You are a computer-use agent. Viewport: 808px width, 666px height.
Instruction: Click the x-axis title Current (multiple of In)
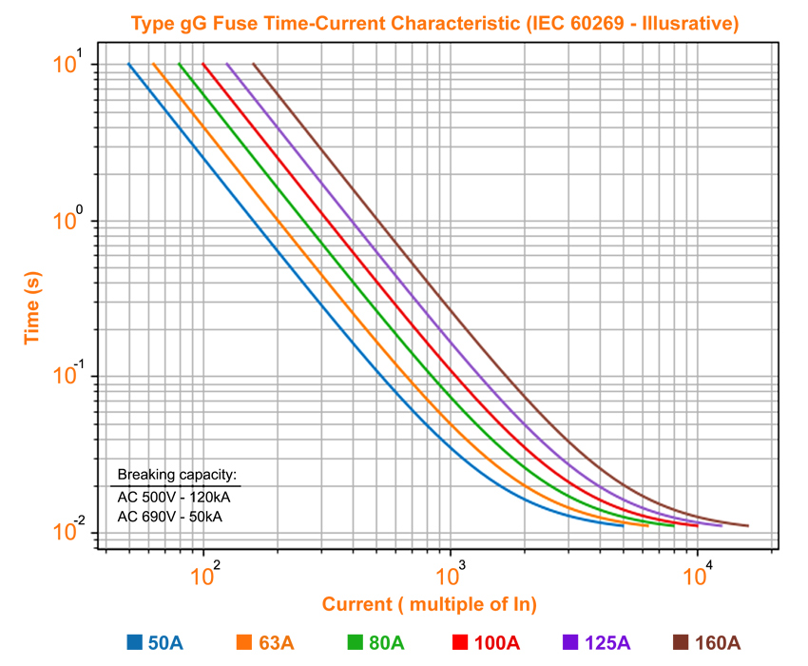(x=430, y=604)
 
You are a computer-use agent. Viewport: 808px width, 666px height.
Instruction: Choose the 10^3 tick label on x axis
(x=452, y=574)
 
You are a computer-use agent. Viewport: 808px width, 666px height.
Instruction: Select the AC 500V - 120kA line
(x=174, y=496)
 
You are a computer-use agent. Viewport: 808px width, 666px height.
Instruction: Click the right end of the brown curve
(x=748, y=525)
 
